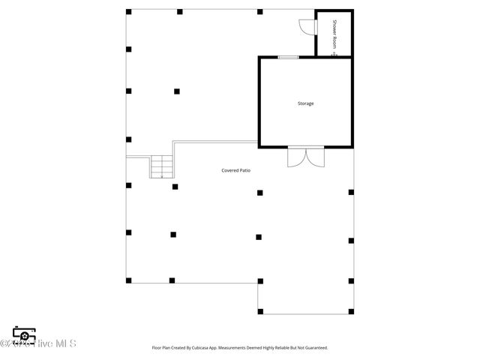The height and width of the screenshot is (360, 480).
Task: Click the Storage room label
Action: (305, 103)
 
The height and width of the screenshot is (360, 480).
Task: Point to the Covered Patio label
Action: (235, 170)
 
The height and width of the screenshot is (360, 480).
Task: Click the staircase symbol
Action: (162, 167)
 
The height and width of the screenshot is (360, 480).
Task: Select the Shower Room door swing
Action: (305, 27)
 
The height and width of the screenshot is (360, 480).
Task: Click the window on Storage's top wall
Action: (288, 57)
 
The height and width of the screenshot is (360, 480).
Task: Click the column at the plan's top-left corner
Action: (128, 12)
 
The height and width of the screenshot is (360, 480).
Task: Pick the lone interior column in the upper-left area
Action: (177, 91)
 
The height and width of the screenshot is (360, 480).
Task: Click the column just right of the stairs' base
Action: (175, 186)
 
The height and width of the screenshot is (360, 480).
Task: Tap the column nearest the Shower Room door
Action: (259, 12)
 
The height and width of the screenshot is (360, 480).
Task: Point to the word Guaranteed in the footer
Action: (316, 348)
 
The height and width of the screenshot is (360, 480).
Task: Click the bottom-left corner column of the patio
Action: (128, 280)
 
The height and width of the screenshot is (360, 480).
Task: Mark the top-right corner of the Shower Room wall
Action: (352, 10)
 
